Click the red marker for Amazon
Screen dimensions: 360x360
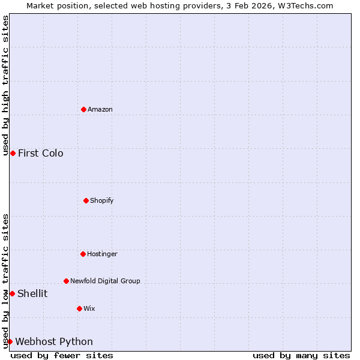point(83,109)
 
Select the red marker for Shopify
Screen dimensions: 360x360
point(86,200)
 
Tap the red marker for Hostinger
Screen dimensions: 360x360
point(83,254)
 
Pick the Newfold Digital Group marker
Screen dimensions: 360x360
point(66,281)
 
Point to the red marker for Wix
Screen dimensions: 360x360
point(79,308)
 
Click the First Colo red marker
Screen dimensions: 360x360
point(13,153)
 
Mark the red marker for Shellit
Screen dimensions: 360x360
point(12,293)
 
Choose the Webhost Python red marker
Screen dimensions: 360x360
point(10,341)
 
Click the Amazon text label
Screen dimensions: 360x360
point(100,109)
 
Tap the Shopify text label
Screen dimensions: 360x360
point(102,200)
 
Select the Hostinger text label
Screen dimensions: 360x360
point(102,254)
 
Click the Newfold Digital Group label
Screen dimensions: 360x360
point(105,281)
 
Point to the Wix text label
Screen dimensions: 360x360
point(89,308)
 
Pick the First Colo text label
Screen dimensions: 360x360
point(41,153)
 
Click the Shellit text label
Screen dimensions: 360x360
point(32,293)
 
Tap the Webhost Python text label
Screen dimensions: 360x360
point(54,341)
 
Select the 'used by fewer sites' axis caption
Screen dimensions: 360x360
point(62,355)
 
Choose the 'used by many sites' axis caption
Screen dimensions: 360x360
point(301,355)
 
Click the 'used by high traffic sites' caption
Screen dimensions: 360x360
point(5,85)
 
